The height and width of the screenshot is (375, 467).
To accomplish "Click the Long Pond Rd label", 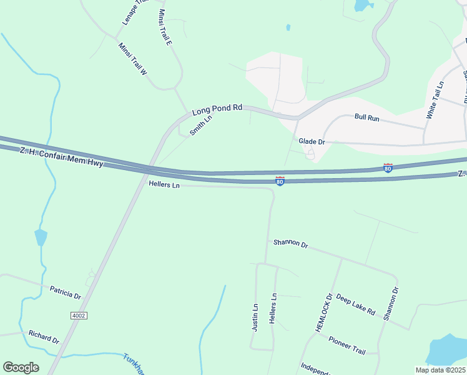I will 217,110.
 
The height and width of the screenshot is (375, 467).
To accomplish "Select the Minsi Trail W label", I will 132,59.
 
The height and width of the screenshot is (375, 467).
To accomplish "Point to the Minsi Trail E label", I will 165,27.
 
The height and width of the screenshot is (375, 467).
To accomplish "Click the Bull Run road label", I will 367,117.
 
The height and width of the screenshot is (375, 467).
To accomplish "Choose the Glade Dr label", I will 312,142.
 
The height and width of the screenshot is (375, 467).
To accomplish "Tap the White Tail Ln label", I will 435,100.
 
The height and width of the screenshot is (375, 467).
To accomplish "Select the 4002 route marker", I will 79,316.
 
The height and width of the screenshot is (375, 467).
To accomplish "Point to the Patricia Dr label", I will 65,292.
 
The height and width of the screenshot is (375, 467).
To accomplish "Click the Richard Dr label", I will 44,337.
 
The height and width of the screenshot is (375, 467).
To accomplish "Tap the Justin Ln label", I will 255,317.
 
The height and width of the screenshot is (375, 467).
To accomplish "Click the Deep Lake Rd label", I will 355,304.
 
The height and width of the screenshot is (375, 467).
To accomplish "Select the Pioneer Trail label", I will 347,344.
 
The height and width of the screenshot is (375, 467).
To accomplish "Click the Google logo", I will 21,367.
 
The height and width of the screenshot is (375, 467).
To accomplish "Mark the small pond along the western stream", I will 41,237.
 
